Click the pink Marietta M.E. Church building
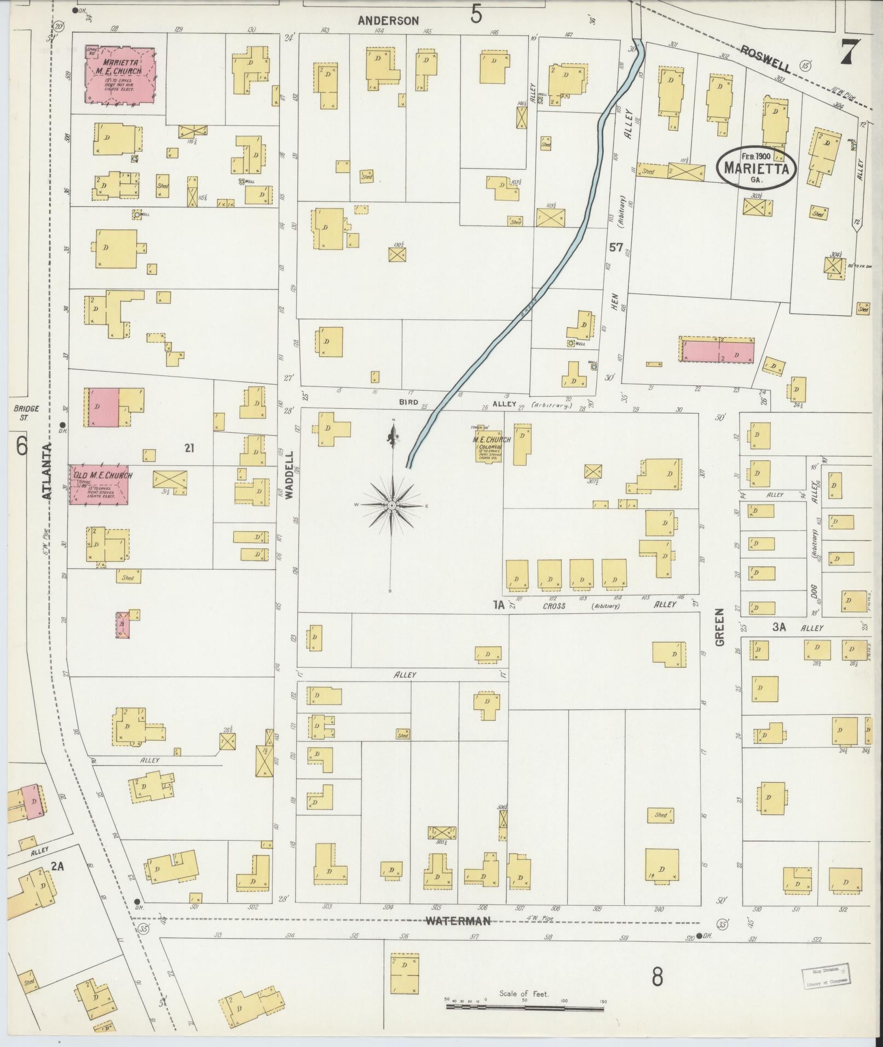(119, 74)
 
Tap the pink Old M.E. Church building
(99, 484)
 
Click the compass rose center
(392, 506)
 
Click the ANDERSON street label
(388, 21)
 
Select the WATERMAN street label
(458, 921)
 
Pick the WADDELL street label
(290, 474)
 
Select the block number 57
(615, 247)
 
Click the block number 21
(189, 448)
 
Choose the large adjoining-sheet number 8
(657, 975)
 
